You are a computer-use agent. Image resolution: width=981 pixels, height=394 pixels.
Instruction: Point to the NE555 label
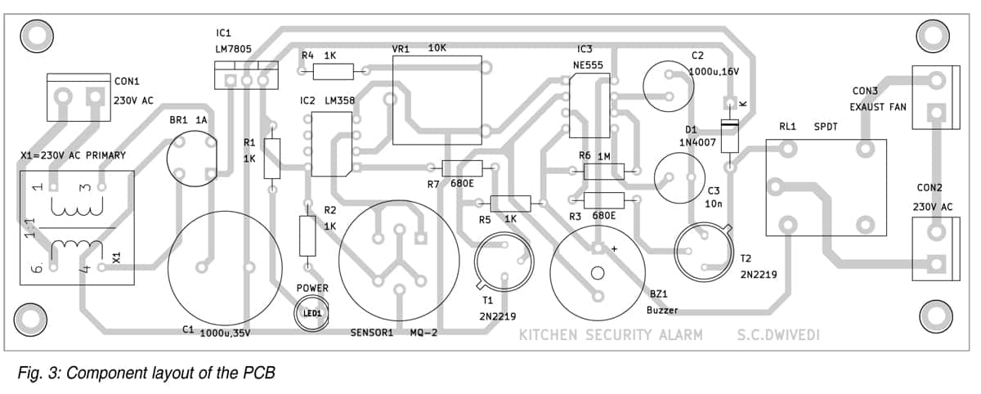coord(589,64)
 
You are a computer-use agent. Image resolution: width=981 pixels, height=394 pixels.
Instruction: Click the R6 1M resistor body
coord(604,171)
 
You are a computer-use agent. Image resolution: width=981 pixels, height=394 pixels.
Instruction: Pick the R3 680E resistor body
coord(604,199)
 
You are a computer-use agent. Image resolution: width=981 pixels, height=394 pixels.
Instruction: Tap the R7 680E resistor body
coord(462,168)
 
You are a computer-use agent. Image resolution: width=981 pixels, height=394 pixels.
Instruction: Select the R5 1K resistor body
coord(509,204)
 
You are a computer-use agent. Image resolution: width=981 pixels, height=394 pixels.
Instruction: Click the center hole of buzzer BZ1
coord(597,273)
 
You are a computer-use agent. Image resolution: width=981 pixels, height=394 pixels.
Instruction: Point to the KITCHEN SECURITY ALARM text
coord(610,335)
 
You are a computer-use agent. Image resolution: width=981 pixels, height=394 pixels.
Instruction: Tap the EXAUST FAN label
coord(878,107)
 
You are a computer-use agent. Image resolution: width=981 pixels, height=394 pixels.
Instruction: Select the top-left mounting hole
coord(36,34)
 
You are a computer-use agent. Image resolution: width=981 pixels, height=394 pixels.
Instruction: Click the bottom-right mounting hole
coord(935,314)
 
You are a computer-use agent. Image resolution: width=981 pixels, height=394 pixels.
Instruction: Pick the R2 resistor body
coord(307,236)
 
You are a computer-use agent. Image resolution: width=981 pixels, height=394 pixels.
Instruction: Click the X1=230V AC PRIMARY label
coord(73,154)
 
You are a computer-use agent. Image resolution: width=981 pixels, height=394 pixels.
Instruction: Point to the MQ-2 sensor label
coord(424,334)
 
